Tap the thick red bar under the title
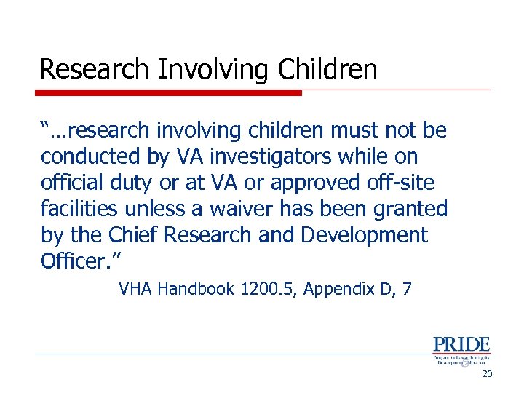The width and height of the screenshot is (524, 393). [169, 93]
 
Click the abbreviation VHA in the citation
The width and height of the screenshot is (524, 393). [135, 289]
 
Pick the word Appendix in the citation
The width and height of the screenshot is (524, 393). [340, 289]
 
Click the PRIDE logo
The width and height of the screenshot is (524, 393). [461, 350]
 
